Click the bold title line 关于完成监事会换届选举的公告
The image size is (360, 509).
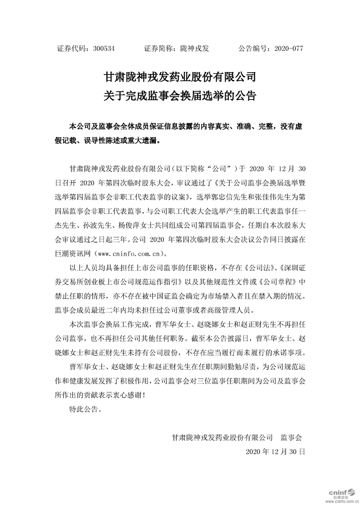click(180, 96)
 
